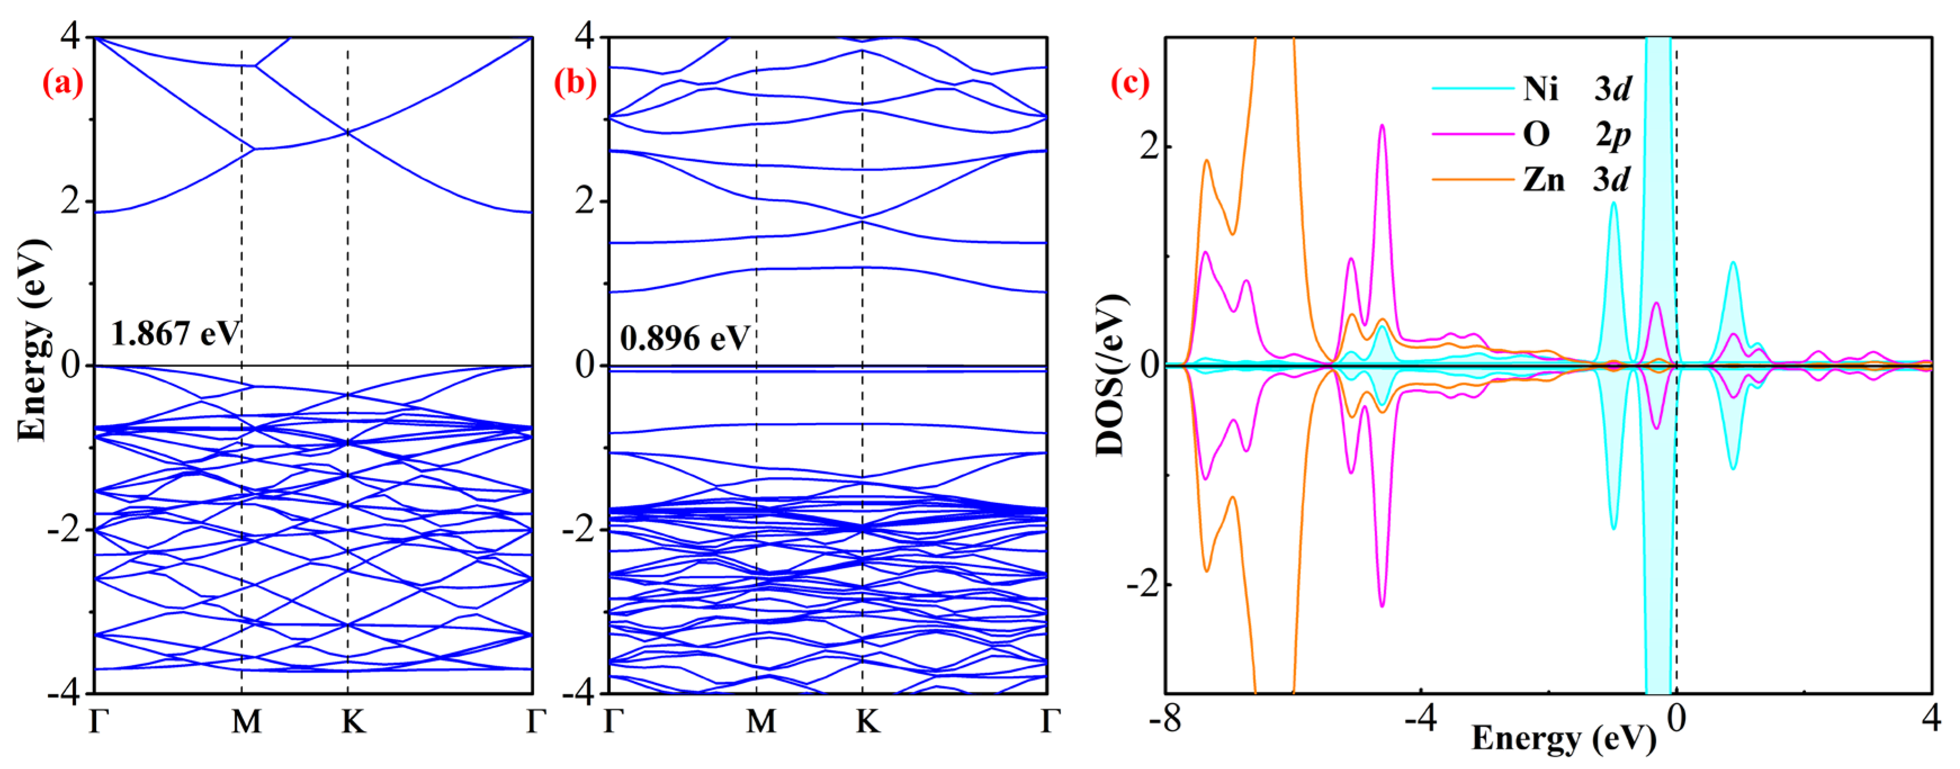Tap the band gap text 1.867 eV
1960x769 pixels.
175,333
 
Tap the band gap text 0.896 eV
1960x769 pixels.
685,338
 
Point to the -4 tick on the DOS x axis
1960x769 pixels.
1420,718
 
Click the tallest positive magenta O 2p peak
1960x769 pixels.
1382,126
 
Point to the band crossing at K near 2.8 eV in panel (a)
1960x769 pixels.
348,132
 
